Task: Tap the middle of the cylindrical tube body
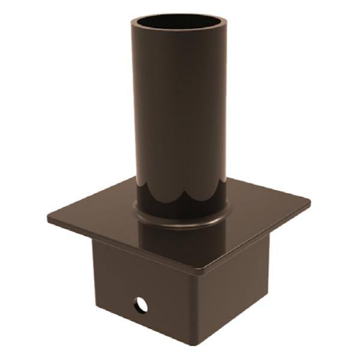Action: [x=178, y=114]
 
